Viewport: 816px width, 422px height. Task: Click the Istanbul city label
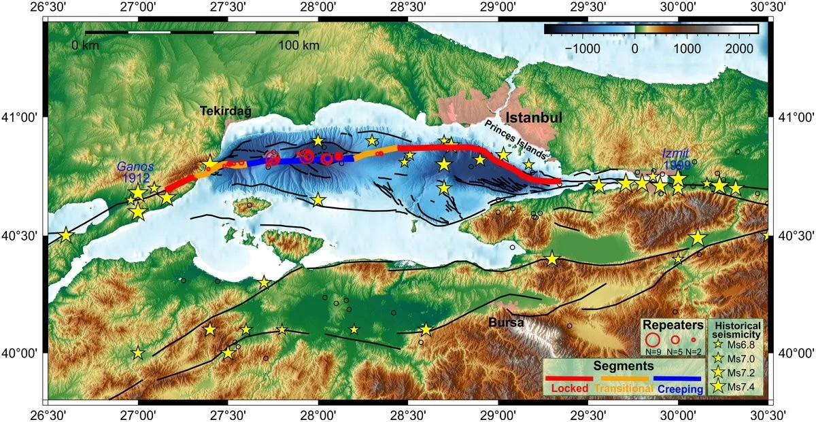533,118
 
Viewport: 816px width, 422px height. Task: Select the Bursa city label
506,323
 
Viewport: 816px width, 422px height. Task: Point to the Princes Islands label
515,140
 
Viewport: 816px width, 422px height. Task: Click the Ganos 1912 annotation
135,171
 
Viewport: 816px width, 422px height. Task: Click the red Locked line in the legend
568,379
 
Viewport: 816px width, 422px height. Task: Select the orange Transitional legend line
624,379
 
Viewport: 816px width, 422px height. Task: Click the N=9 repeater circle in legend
652,338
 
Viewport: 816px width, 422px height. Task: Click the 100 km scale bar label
299,46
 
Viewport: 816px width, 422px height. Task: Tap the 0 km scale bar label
86,46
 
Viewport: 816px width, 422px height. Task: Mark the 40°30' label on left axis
23,235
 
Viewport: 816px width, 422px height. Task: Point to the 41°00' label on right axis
794,117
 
